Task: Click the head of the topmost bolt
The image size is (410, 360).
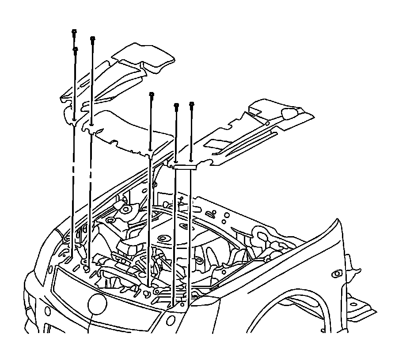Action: (x=74, y=31)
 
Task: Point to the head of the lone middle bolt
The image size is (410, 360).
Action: (x=152, y=94)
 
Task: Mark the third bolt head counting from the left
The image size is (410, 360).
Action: (x=92, y=39)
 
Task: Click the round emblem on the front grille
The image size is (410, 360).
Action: (x=97, y=305)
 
